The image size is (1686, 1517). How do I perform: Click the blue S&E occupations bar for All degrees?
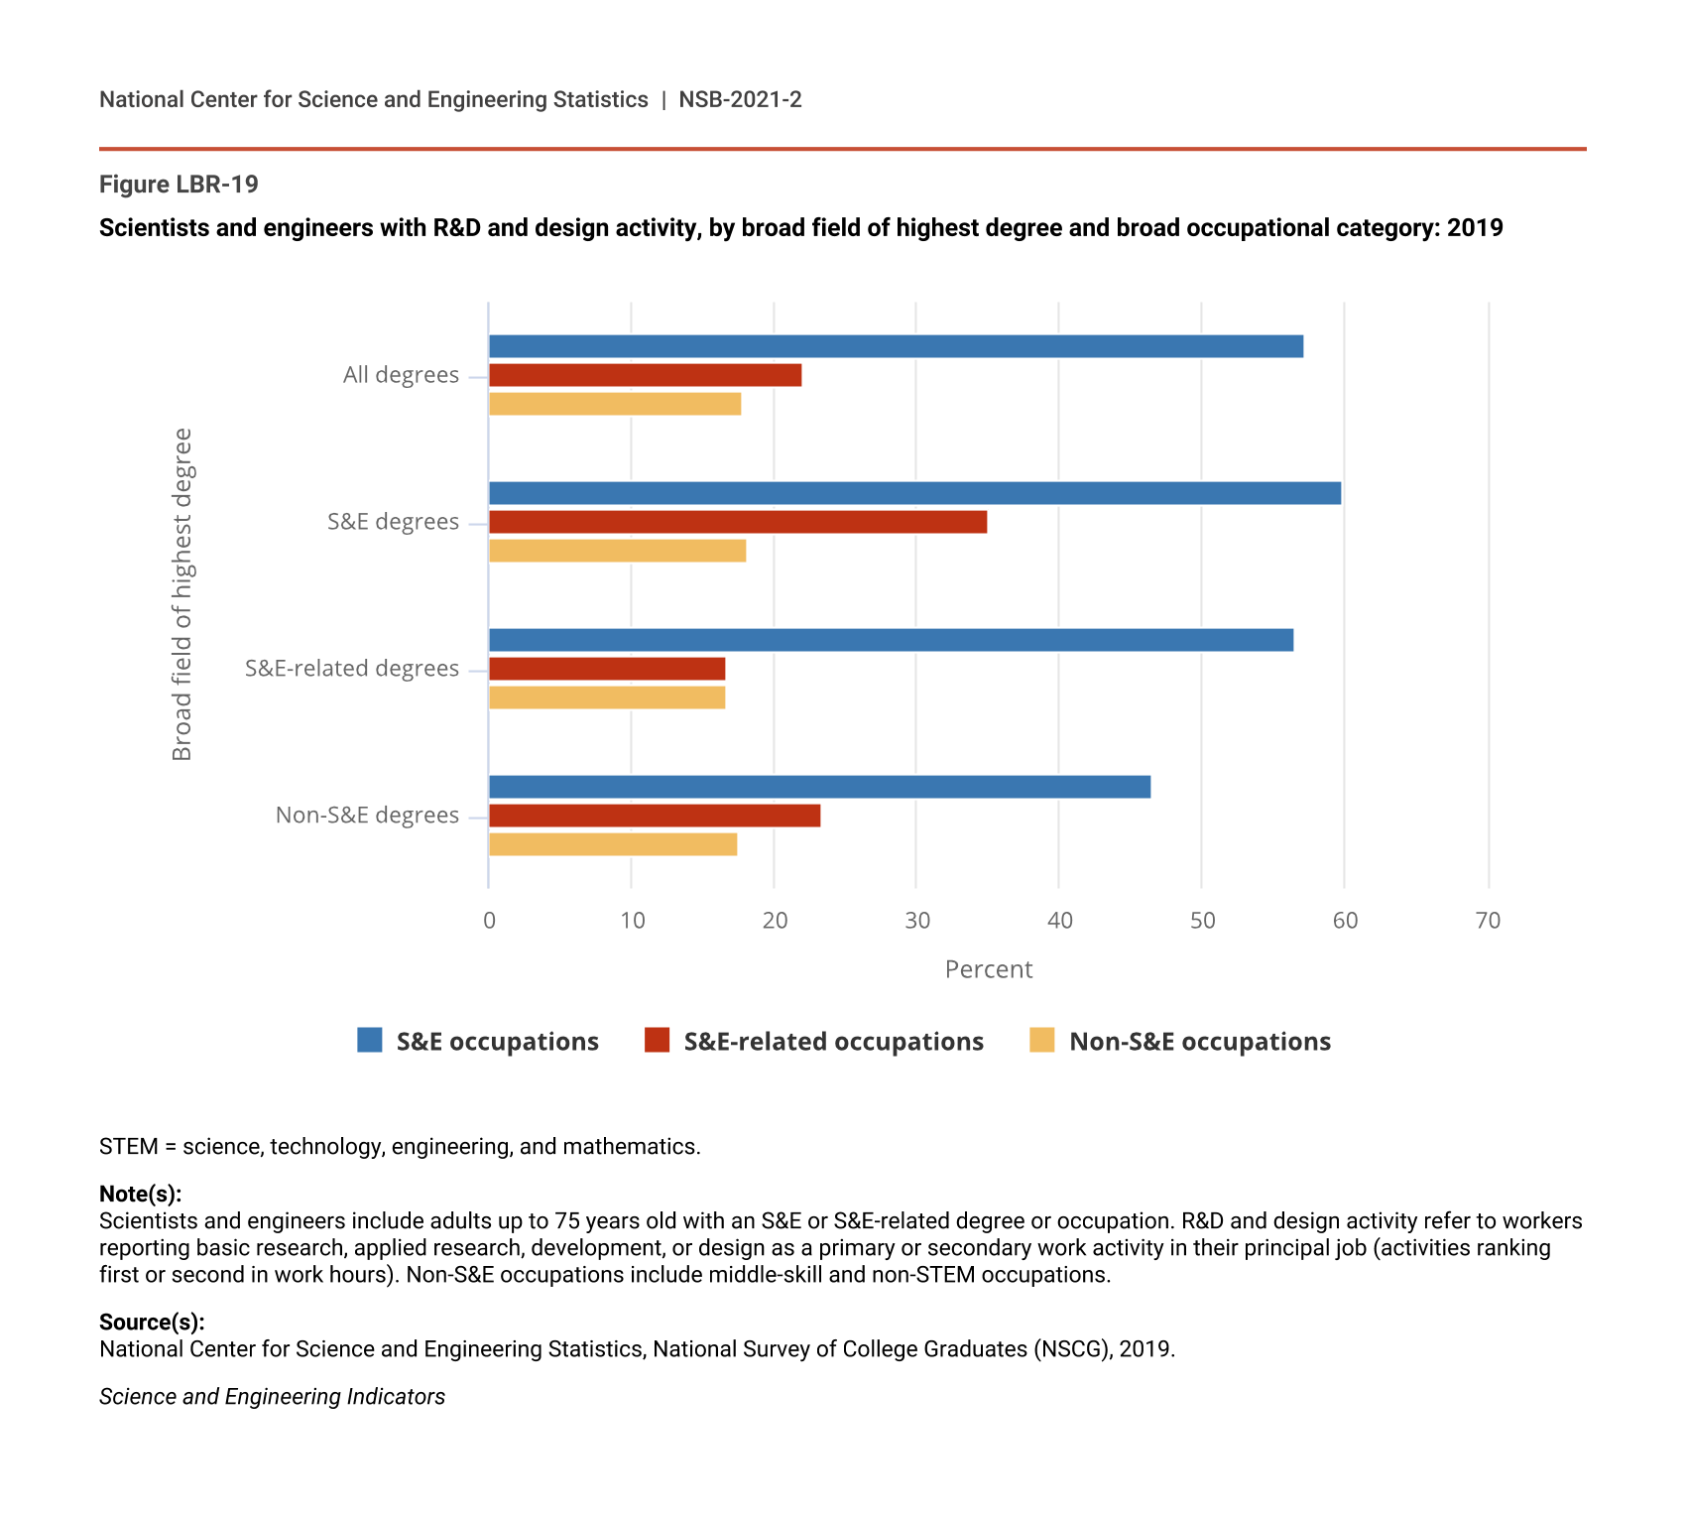(x=896, y=346)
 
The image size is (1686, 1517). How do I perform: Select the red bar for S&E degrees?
(x=738, y=522)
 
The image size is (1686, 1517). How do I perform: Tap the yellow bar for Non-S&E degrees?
(x=613, y=844)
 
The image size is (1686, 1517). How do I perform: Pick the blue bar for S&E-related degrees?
(x=891, y=640)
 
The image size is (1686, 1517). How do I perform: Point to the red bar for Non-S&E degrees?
(x=655, y=816)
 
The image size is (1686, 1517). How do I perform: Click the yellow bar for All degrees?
(x=615, y=404)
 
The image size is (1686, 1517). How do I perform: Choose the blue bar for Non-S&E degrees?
(x=819, y=787)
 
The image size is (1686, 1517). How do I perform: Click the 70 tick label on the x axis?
(x=1488, y=921)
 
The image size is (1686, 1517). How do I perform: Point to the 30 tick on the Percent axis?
(x=917, y=921)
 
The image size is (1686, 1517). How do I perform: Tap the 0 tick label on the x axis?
(x=489, y=921)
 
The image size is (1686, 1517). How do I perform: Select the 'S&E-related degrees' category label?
(x=352, y=669)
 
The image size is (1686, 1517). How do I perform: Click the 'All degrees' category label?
(x=401, y=375)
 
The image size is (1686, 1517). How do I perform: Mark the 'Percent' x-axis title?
(x=988, y=969)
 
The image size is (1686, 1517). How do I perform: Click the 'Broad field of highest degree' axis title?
(x=182, y=594)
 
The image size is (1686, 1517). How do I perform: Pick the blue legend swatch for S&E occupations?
(x=370, y=1040)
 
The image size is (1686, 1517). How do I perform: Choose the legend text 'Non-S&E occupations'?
(x=1200, y=1042)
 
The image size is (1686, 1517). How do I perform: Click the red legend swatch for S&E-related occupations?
(x=657, y=1040)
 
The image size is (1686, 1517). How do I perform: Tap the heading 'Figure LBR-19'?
(x=179, y=185)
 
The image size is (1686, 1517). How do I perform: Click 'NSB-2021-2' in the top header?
(x=740, y=99)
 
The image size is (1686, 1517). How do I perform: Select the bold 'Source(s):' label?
(x=152, y=1322)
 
